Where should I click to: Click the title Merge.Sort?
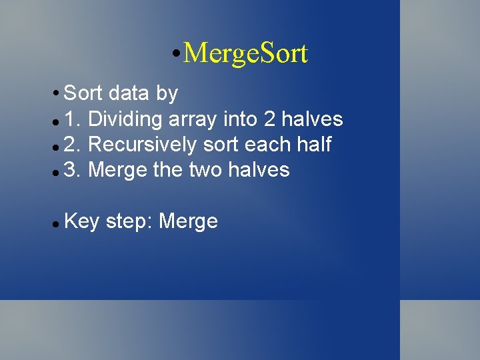tap(245, 53)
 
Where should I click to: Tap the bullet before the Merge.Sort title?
tap(174, 53)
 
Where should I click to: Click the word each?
tap(269, 145)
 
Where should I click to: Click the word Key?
tap(82, 221)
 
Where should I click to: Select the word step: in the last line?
tap(129, 221)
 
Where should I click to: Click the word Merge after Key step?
tap(189, 221)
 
